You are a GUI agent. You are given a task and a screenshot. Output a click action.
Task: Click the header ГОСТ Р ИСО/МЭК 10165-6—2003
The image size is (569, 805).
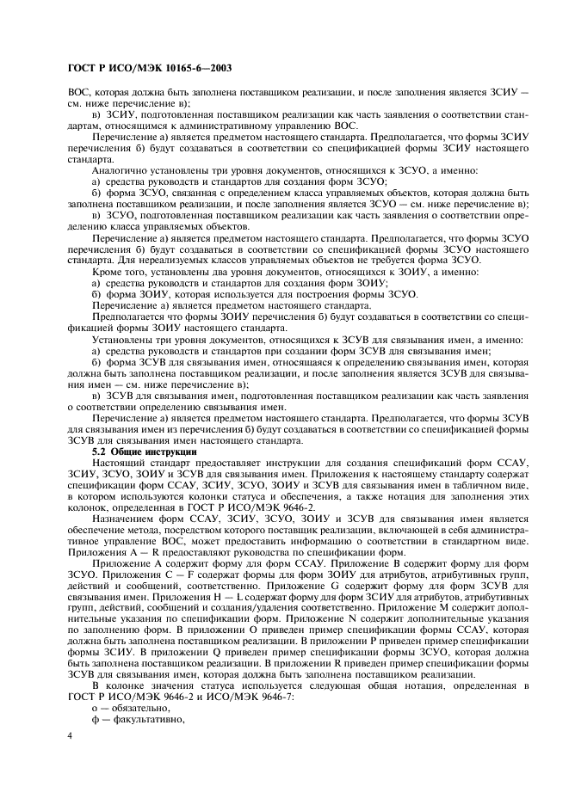[152, 66]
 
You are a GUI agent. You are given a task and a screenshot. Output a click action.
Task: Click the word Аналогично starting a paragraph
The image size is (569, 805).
[118, 171]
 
